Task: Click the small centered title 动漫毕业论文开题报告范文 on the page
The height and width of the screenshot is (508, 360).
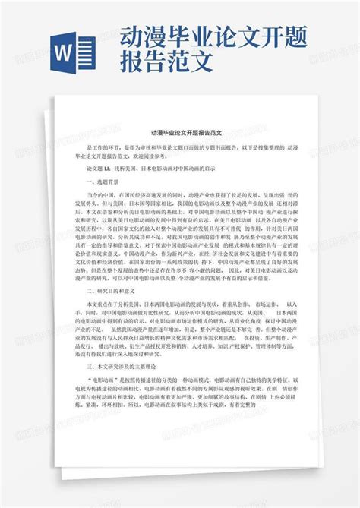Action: click(x=179, y=131)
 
